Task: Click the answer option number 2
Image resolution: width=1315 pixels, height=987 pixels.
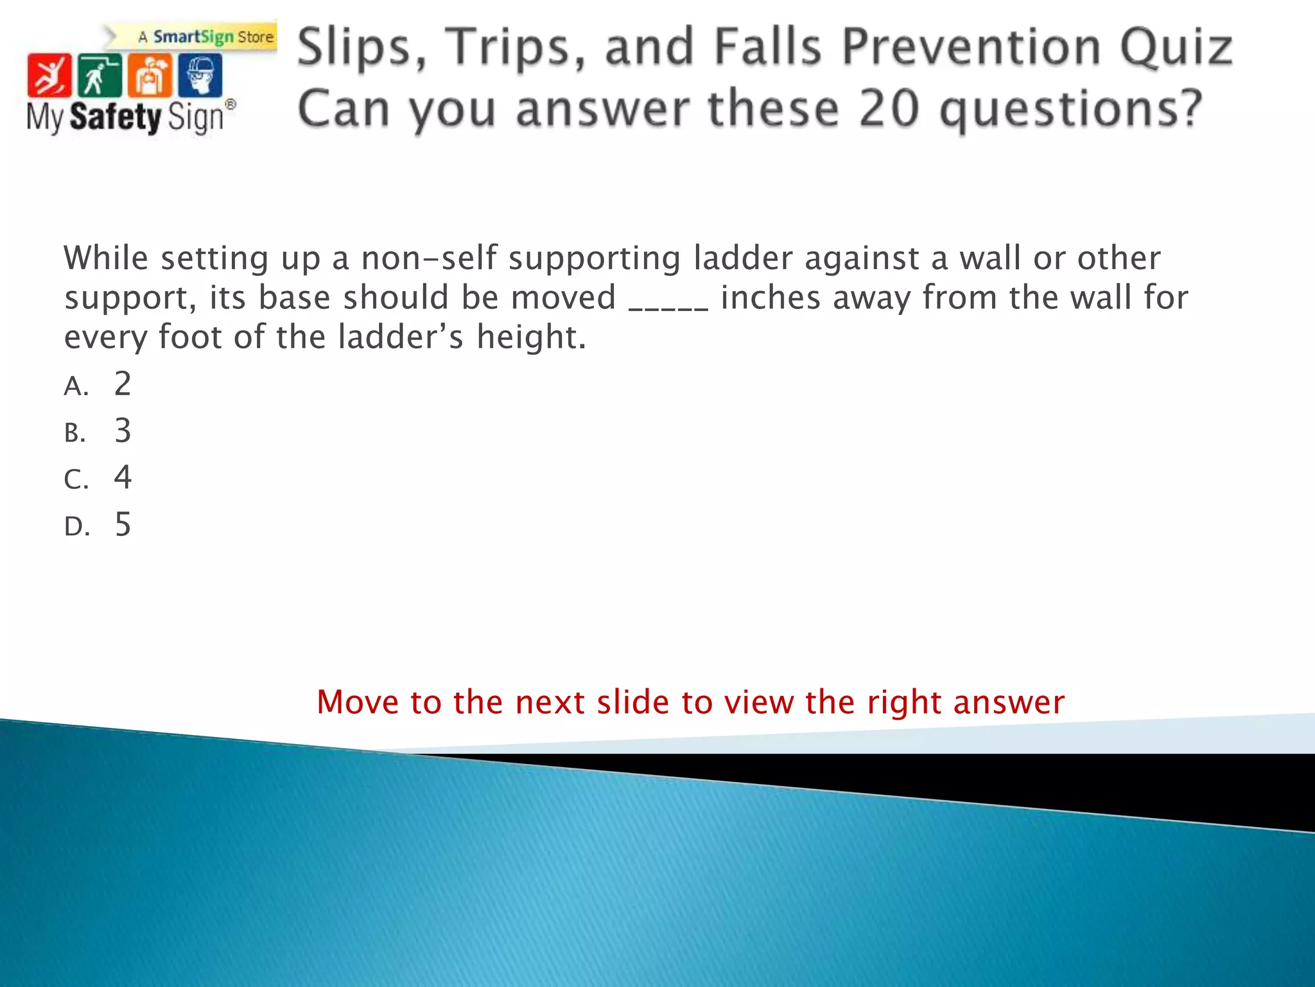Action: (x=123, y=384)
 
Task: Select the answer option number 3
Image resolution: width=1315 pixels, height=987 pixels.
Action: (x=123, y=431)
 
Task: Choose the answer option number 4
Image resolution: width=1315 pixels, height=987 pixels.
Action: (x=123, y=477)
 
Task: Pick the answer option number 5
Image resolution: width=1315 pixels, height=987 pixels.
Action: (x=123, y=524)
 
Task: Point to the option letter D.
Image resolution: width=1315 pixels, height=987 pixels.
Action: (x=76, y=527)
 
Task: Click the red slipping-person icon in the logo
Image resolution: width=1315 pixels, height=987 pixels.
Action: (x=49, y=76)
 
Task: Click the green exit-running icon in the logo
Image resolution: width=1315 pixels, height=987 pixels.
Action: (x=100, y=76)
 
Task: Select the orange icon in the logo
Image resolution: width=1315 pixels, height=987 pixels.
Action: (x=150, y=76)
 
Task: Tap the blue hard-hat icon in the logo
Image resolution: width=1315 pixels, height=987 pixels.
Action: (x=200, y=76)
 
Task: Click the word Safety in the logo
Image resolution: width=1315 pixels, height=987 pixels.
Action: (x=116, y=117)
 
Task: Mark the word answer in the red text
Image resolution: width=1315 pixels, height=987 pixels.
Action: (x=1009, y=702)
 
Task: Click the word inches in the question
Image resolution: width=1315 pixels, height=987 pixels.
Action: (x=771, y=298)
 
